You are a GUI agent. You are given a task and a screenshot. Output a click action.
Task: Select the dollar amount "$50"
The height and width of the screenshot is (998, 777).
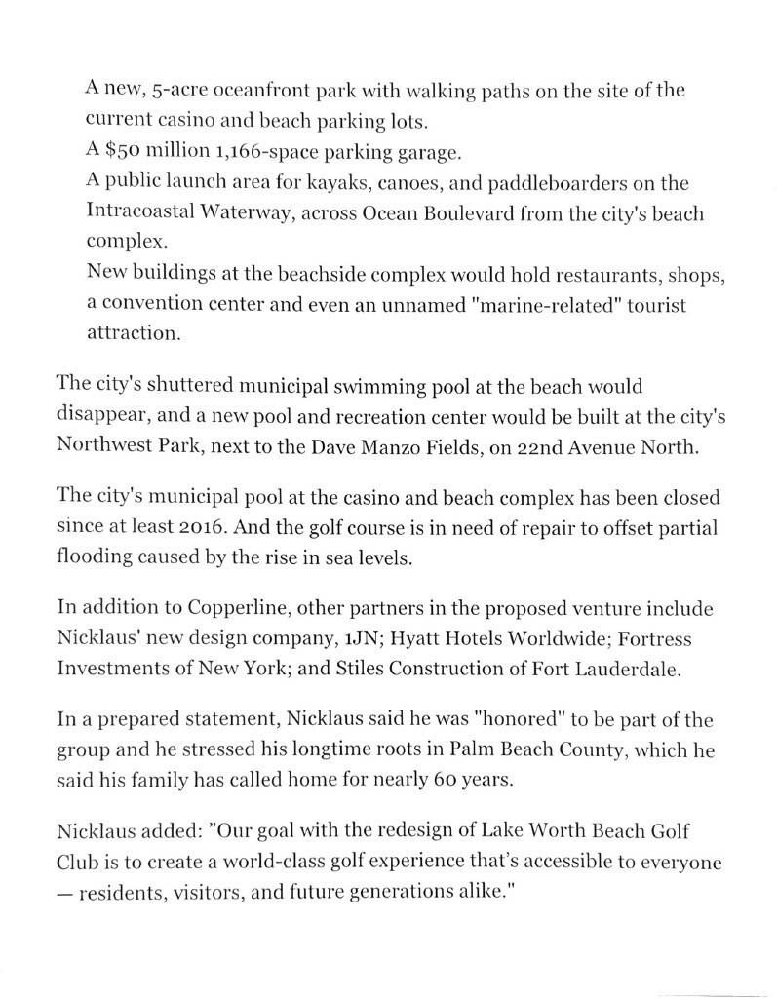point(124,153)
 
